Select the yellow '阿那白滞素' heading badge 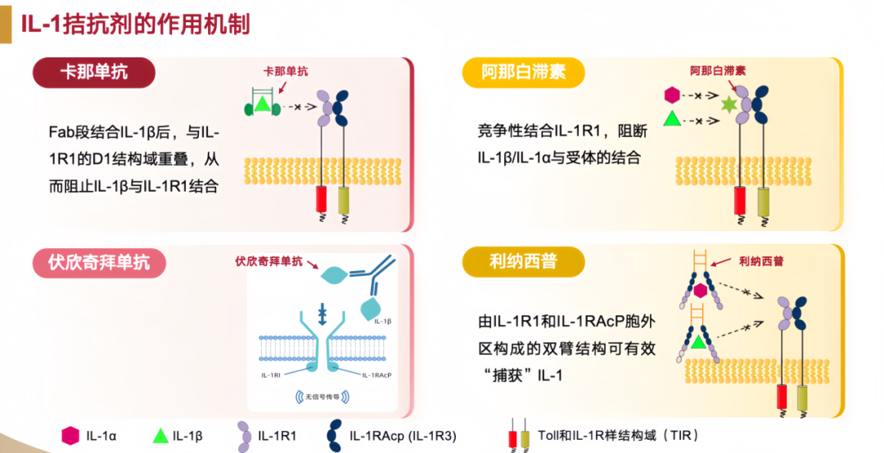tap(524, 72)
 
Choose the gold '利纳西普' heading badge tap(523, 262)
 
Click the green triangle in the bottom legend tap(160, 435)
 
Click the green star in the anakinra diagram tap(726, 104)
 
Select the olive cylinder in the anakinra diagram tap(764, 200)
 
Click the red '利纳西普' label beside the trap tap(760, 261)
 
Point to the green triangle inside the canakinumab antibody tap(262, 104)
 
